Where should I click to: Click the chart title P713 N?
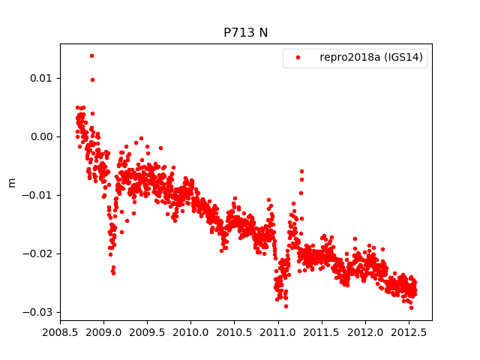[245, 33]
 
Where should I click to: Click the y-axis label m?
[11, 182]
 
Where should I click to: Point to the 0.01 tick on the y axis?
[43, 78]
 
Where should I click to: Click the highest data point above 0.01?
[91, 55]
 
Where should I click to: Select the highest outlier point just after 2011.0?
[301, 172]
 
